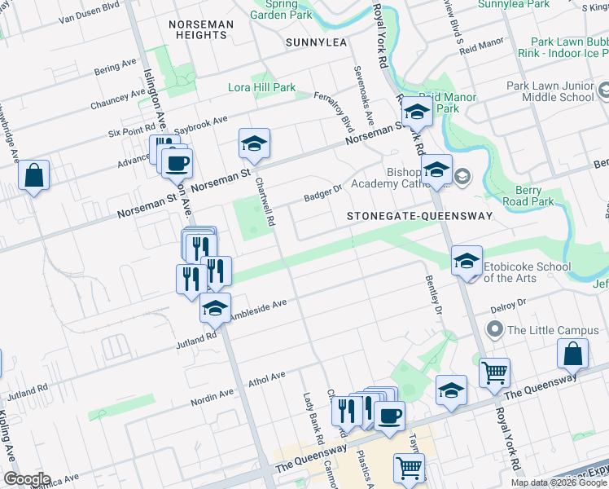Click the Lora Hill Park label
point(261,88)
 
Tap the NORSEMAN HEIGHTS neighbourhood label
point(199,30)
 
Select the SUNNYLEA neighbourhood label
point(317,42)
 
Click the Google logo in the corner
point(27,479)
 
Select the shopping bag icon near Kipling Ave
point(33,176)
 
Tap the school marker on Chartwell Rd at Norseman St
point(254,144)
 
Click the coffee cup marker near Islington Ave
point(176,163)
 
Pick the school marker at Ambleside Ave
point(215,308)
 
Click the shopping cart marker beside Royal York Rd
point(494,372)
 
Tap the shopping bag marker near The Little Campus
point(572,355)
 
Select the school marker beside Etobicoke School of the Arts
point(467,261)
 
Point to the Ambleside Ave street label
point(258,310)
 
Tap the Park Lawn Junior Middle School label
point(550,91)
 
